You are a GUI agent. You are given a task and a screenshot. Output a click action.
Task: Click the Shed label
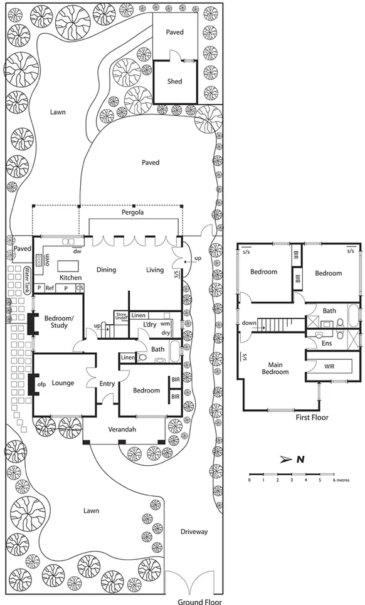click(174, 82)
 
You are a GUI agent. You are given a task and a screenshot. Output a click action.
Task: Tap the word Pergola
click(132, 213)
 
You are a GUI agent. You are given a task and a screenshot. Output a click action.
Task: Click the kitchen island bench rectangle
click(70, 266)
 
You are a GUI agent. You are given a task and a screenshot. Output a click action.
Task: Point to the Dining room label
click(106, 270)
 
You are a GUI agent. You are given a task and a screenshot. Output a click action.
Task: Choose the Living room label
click(155, 270)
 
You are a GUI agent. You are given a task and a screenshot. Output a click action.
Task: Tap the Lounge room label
click(63, 383)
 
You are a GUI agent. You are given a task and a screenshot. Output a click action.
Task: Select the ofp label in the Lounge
click(43, 383)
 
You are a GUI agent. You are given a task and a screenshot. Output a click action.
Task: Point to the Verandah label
click(123, 429)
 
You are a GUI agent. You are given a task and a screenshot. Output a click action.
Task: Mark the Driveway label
click(194, 532)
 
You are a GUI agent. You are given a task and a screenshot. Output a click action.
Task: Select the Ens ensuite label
click(327, 344)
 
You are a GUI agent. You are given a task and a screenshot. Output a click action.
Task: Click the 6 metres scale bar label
click(339, 480)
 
